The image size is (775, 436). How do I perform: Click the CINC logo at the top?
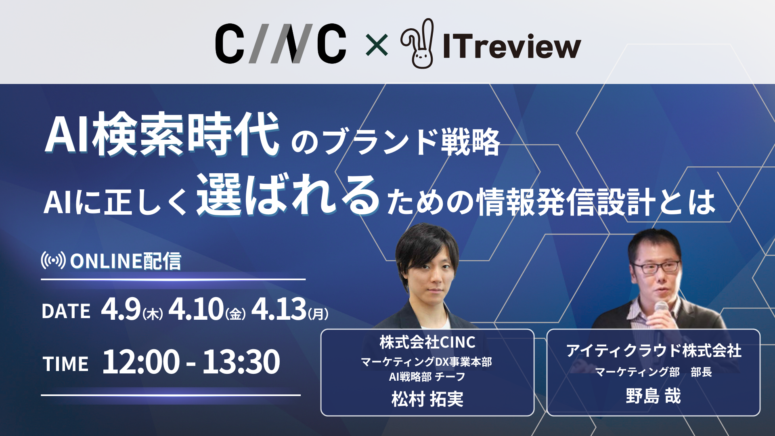pyautogui.click(x=281, y=44)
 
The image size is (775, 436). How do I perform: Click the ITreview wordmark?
pyautogui.click(x=512, y=46)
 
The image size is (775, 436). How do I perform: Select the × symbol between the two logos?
pyautogui.click(x=376, y=45)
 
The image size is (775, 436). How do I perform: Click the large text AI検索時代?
pyautogui.click(x=162, y=134)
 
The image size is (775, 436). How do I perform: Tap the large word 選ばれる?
pyautogui.click(x=288, y=195)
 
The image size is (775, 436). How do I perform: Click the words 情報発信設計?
pyautogui.click(x=566, y=202)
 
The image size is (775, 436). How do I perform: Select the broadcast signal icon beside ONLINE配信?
pyautogui.click(x=53, y=260)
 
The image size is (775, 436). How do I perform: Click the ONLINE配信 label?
pyautogui.click(x=126, y=261)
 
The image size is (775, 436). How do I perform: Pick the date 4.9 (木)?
pyautogui.click(x=132, y=309)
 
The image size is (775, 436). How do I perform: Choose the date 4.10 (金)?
pyautogui.click(x=207, y=309)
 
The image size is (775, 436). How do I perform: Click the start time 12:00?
pyautogui.click(x=141, y=362)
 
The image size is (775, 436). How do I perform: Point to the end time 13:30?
pyautogui.click(x=241, y=362)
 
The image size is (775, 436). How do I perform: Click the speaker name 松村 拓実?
pyautogui.click(x=427, y=399)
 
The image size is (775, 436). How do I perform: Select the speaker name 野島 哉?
pyautogui.click(x=653, y=396)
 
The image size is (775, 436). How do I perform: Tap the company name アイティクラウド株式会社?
pyautogui.click(x=654, y=350)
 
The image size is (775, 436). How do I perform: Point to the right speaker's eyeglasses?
pyautogui.click(x=656, y=267)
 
